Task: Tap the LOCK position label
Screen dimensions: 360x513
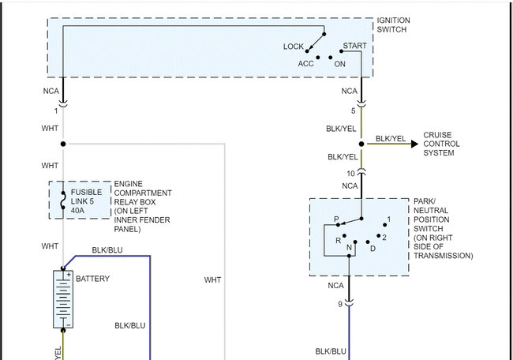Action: coord(294,47)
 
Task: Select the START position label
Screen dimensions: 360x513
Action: coord(355,47)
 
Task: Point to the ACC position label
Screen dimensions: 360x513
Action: coord(305,64)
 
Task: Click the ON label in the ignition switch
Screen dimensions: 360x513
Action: coord(340,64)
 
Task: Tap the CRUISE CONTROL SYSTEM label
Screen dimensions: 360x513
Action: coord(442,144)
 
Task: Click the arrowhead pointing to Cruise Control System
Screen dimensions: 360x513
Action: coord(415,144)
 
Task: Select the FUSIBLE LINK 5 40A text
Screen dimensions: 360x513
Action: coord(87,201)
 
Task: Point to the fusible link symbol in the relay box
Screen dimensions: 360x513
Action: coord(62,201)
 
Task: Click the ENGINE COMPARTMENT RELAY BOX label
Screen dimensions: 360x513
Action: coord(143,205)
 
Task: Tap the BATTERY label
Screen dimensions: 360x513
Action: coord(92,279)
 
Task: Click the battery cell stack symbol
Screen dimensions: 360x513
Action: coord(62,298)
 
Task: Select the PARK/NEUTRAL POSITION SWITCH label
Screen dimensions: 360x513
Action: coord(443,229)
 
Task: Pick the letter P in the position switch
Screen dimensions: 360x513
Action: coord(336,218)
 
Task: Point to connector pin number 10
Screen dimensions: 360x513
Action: coord(350,174)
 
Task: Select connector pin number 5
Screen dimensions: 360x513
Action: coord(353,111)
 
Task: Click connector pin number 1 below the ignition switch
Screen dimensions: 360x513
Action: coord(56,111)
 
